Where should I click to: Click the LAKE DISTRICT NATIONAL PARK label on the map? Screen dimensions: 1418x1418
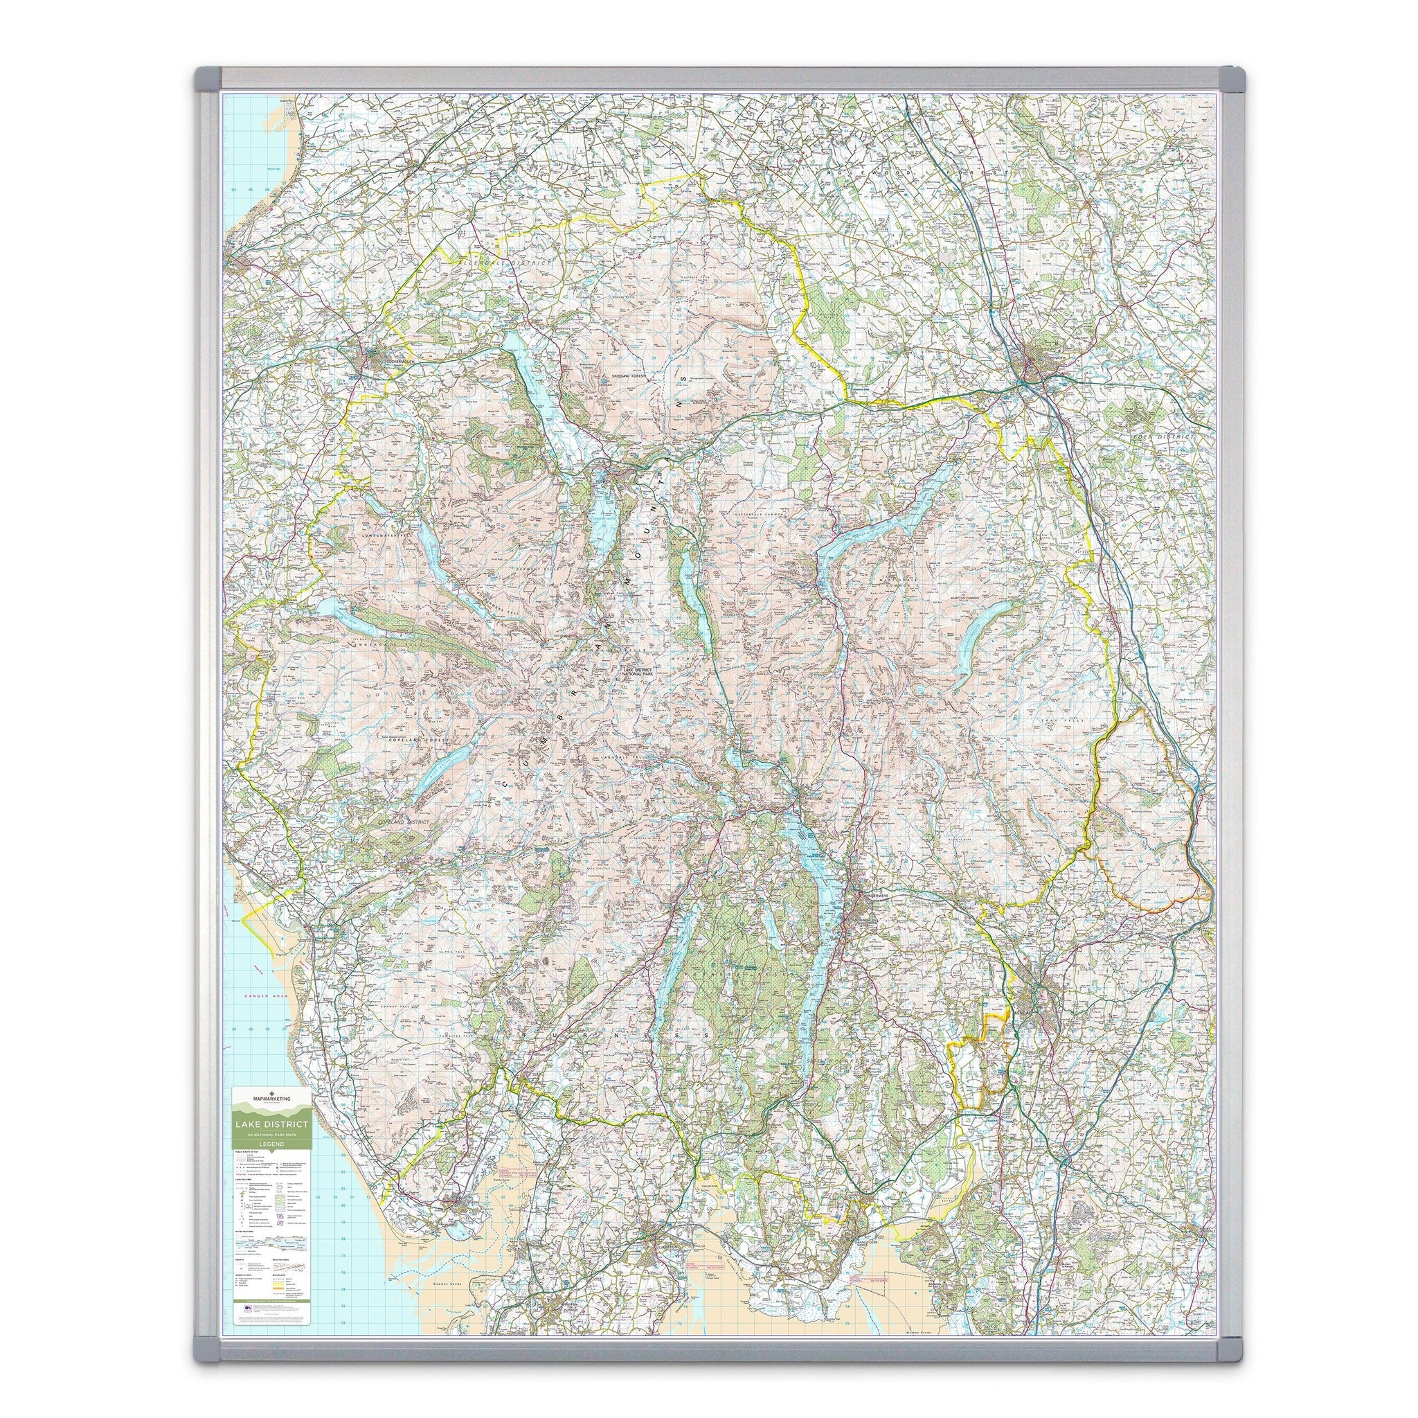point(637,672)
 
